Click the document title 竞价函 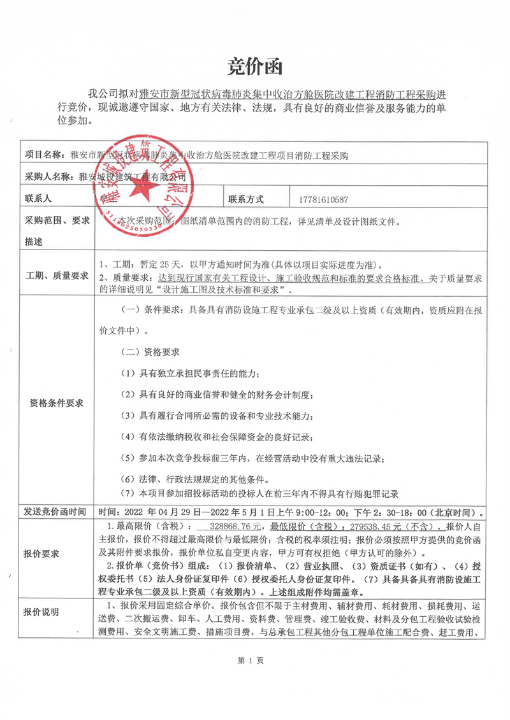[x=255, y=66]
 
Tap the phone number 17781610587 [x=323, y=199]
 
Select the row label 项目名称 [x=45, y=155]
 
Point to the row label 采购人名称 [x=48, y=176]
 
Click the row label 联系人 [x=38, y=199]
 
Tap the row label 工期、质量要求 [x=55, y=277]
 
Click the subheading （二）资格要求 [x=150, y=352]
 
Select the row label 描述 [x=34, y=242]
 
